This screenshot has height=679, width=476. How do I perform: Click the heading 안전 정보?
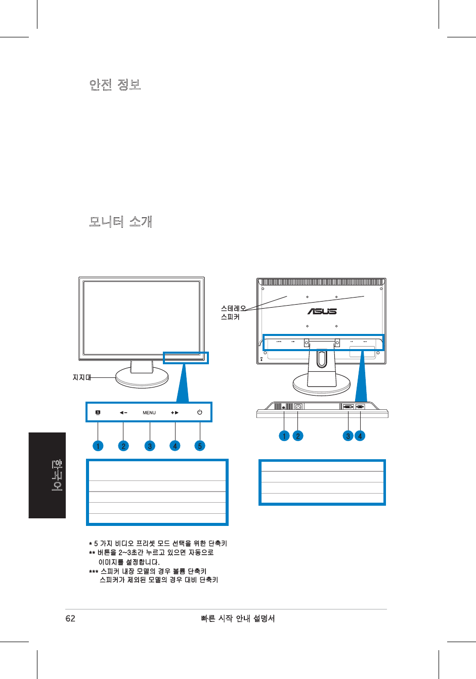click(115, 84)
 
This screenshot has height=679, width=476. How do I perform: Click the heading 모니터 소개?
click(120, 222)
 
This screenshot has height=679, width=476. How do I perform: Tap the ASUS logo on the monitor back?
click(322, 311)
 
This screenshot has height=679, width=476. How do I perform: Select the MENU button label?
click(149, 413)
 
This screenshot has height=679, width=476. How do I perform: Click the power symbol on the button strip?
click(200, 412)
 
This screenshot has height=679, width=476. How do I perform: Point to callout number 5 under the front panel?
click(200, 446)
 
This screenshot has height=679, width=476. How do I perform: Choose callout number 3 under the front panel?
click(149, 446)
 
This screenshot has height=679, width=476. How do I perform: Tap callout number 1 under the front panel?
click(98, 446)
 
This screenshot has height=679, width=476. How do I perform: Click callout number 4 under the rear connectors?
click(360, 435)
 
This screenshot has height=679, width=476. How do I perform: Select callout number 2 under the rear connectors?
click(298, 435)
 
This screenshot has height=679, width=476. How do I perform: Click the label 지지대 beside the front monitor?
click(81, 377)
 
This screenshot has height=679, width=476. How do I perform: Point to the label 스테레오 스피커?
click(233, 313)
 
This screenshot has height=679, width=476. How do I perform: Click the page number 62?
click(70, 618)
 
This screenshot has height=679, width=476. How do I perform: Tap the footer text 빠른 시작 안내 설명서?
click(238, 618)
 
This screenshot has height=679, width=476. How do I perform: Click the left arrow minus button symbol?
click(123, 413)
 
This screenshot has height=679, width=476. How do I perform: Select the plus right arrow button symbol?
click(175, 413)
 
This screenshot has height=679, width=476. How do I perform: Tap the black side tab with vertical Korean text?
click(47, 475)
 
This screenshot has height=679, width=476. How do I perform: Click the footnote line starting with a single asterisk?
click(158, 544)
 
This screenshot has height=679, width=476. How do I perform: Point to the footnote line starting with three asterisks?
click(148, 571)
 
